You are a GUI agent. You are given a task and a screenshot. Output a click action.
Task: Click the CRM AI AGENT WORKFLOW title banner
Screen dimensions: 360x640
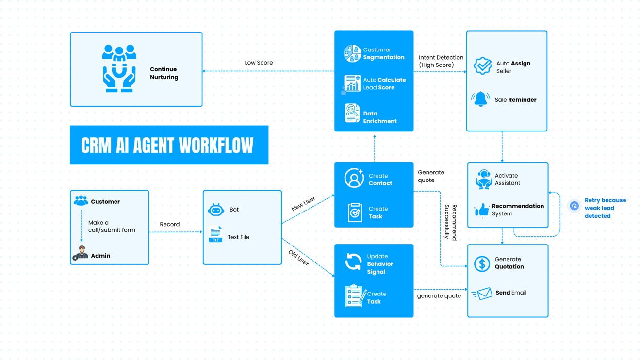169,145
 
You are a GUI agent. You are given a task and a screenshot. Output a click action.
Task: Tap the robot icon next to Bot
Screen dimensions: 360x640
216,210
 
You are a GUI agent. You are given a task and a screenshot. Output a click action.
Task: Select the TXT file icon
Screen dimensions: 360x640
215,234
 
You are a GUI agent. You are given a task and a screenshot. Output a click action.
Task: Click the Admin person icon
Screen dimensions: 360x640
82,253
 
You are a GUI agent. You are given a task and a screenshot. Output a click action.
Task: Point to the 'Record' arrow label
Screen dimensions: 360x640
169,224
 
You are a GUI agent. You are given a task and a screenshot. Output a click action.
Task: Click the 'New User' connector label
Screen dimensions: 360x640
303,203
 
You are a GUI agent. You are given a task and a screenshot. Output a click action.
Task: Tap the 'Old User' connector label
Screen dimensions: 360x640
298,258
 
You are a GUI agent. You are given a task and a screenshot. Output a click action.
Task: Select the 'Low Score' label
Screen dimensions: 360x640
259,63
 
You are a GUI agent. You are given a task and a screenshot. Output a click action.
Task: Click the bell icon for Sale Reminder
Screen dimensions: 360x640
480,99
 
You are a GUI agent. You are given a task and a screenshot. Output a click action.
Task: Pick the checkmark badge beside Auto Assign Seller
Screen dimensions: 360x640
482,66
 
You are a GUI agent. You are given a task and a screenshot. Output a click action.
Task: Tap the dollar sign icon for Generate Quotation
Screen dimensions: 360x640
482,263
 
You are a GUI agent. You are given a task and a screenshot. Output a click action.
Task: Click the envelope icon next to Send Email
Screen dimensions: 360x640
482,293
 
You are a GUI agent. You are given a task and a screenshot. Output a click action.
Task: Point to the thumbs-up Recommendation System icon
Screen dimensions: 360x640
482,210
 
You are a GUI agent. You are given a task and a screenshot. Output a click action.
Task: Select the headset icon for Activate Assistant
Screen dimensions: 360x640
484,179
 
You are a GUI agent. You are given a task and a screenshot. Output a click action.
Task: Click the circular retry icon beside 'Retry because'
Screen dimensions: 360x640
574,206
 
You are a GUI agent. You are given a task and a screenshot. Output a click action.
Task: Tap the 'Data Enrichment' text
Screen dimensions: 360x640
379,117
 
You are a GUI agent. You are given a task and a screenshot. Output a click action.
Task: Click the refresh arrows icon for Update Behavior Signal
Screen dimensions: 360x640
353,262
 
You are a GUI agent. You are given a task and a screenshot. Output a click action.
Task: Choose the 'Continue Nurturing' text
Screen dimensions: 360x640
164,73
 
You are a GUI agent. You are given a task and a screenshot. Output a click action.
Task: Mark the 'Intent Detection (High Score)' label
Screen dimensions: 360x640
441,61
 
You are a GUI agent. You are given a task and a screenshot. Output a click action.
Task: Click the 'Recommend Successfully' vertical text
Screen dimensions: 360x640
450,222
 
